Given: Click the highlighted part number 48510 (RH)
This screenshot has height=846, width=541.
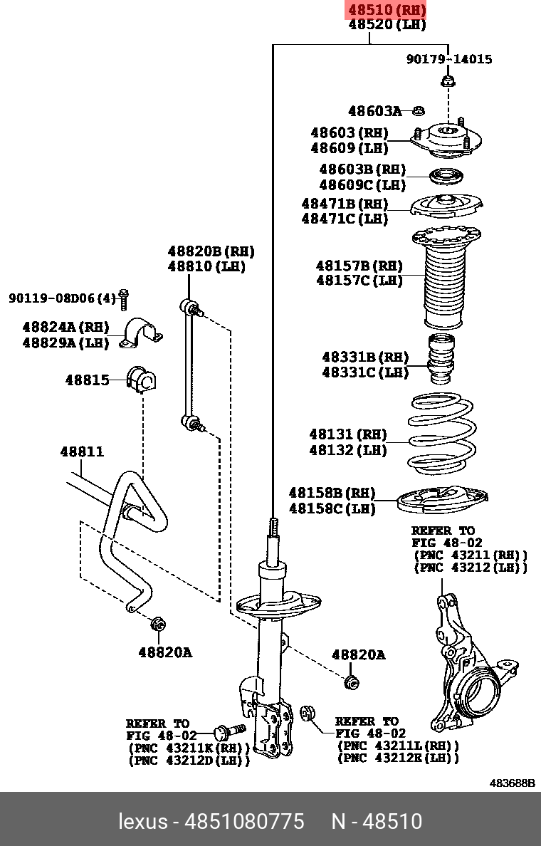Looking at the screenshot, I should click(387, 9).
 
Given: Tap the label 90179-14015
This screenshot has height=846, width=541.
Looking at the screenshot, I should click(449, 59).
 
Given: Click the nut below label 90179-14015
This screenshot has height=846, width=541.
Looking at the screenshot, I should click(447, 81).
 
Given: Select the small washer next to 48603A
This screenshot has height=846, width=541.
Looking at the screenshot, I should click(419, 110).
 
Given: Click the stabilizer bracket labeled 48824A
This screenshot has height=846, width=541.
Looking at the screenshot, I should click(142, 333).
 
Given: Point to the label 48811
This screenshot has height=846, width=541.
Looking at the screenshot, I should click(82, 451).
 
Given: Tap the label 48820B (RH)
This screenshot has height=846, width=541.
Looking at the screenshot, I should click(211, 251).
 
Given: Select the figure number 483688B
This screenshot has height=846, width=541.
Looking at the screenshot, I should click(511, 783).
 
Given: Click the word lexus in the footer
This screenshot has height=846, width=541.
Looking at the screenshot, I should click(142, 821).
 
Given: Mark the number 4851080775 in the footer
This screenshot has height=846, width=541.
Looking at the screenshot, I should click(244, 821).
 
